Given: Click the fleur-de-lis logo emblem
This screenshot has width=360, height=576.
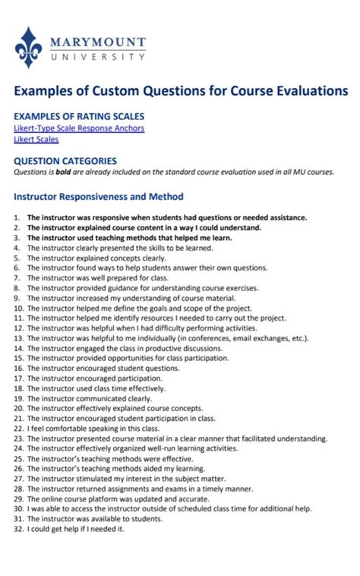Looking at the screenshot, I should coord(29,47).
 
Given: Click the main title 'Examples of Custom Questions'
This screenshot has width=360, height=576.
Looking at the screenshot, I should coord(181,91).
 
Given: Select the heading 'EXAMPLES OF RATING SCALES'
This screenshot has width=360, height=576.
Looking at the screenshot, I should coord(76,117).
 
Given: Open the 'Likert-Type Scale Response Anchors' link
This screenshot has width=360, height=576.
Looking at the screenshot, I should coord(79,128).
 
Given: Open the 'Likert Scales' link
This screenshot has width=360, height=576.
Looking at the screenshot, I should coord(36,139).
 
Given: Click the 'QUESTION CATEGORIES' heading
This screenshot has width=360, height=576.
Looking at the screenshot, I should coord(65,161).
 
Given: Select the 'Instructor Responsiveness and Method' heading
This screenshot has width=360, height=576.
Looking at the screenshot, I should coord(99,197).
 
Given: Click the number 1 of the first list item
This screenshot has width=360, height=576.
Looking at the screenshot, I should coord(17,217).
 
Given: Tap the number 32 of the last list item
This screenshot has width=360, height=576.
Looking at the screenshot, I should coord(18,530).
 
